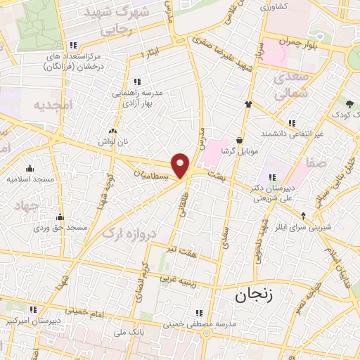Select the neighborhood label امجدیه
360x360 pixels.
(53, 104)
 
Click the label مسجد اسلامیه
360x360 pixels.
(31, 179)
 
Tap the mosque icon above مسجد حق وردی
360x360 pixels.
(60, 217)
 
